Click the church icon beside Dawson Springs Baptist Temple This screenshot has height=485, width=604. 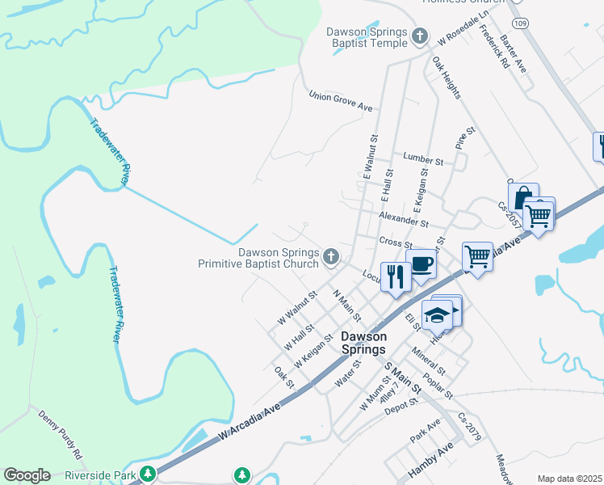(x=419, y=36)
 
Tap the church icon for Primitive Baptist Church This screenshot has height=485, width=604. (x=330, y=257)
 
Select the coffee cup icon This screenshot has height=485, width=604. (x=421, y=263)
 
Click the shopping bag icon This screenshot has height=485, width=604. (x=522, y=196)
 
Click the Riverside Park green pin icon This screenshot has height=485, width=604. (x=147, y=474)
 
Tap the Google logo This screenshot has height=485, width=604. (x=27, y=475)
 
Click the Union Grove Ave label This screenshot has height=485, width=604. (x=342, y=101)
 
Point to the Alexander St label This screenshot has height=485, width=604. (x=403, y=219)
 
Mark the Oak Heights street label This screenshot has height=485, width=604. (x=446, y=78)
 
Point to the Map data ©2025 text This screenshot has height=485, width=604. (x=569, y=479)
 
